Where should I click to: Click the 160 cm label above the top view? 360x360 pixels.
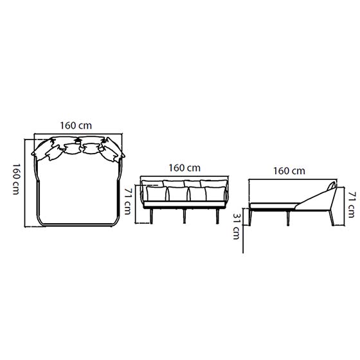click(x=76, y=125)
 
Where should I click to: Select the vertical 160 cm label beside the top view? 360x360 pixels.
click(x=16, y=179)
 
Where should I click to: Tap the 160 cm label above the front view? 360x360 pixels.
click(x=184, y=168)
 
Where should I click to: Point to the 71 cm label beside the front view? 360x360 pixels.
click(x=128, y=201)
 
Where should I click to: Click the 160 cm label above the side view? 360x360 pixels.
click(x=289, y=171)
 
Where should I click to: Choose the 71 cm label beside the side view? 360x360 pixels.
click(x=351, y=205)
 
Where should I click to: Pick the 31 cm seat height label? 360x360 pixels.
click(x=237, y=226)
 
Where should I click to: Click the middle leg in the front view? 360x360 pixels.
click(x=184, y=216)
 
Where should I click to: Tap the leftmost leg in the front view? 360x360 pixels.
click(x=151, y=216)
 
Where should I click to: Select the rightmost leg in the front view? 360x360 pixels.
click(x=217, y=216)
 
